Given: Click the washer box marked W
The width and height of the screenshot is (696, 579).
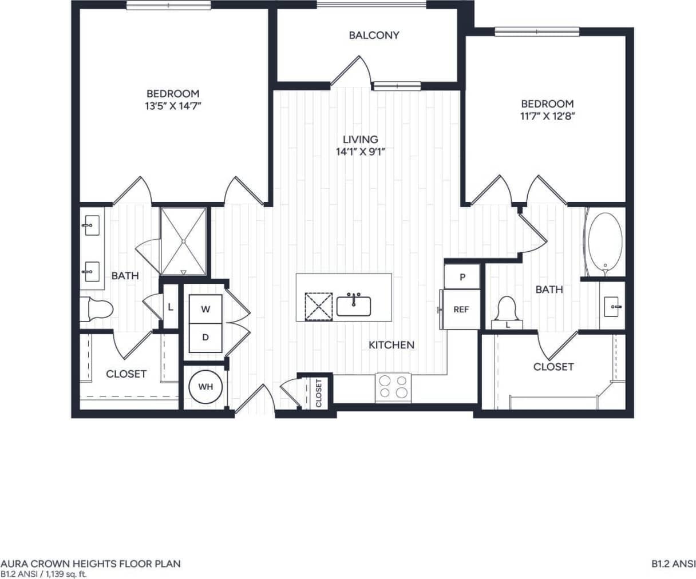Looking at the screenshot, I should click(x=205, y=309).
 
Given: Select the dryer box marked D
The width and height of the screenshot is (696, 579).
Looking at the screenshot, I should click(x=205, y=337).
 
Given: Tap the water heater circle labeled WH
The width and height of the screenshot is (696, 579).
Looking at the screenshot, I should click(x=205, y=387).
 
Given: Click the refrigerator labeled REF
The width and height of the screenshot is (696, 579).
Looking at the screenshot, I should click(x=461, y=309).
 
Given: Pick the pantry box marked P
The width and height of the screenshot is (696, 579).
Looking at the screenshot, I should click(x=462, y=277).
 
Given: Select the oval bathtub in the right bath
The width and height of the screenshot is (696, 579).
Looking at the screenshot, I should click(x=605, y=243).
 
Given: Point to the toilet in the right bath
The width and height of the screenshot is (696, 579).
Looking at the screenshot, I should click(x=507, y=310).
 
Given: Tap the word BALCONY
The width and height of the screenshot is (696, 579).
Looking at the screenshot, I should click(x=374, y=35).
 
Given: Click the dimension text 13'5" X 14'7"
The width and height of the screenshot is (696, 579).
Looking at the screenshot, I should click(x=173, y=105).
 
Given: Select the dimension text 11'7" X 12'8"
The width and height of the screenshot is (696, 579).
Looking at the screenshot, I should click(x=547, y=116).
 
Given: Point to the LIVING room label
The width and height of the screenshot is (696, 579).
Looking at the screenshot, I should click(x=360, y=139).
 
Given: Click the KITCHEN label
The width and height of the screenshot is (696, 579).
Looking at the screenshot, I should click(x=391, y=345).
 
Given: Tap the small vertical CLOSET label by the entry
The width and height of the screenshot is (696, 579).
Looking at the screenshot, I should click(x=319, y=392).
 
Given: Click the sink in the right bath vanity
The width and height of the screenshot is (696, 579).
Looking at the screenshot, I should click(x=612, y=307).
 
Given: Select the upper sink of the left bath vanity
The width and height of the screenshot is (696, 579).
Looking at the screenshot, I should click(x=90, y=226).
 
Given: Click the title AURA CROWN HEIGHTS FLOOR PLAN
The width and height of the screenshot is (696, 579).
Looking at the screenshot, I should click(x=90, y=564).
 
